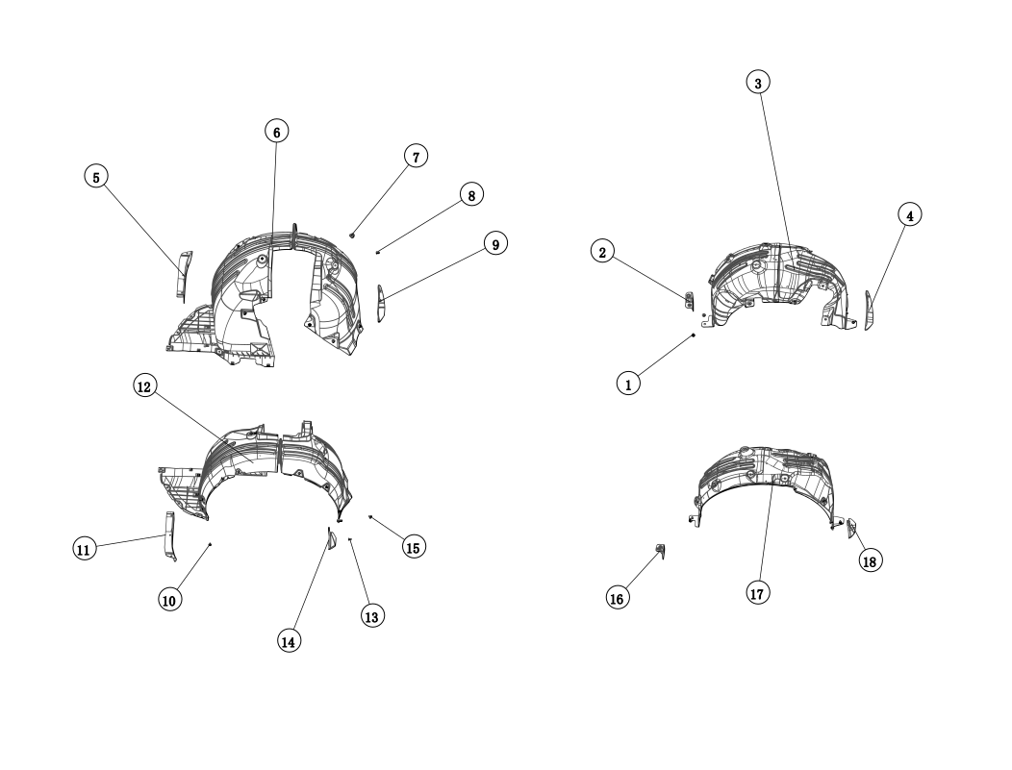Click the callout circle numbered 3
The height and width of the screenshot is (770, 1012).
coord(758,83)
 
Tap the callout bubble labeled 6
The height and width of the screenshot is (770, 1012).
coord(276,132)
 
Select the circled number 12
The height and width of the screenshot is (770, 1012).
coord(144,386)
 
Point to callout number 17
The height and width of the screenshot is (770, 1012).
coord(758,593)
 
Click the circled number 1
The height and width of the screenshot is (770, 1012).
coord(628,384)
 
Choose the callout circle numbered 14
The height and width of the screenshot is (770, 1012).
coord(290,641)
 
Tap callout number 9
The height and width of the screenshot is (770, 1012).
coord(495,243)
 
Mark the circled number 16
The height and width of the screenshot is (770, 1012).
coord(618,599)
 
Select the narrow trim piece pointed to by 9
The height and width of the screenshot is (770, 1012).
coord(381,303)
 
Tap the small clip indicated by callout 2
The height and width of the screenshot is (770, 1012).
coord(690,301)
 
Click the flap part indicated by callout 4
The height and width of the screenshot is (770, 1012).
coord(870,310)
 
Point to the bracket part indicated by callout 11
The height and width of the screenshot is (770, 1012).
coord(169,535)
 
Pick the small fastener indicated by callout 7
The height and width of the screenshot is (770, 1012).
coord(352,235)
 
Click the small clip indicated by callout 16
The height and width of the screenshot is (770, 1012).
coord(661,551)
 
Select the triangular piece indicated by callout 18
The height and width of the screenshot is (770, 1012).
coord(851,528)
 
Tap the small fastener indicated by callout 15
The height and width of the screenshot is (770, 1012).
coord(369,516)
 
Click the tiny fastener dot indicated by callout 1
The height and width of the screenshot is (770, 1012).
coord(694,335)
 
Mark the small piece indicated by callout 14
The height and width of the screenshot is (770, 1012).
coord(332,538)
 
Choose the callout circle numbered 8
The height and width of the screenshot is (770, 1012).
coord(471,195)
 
